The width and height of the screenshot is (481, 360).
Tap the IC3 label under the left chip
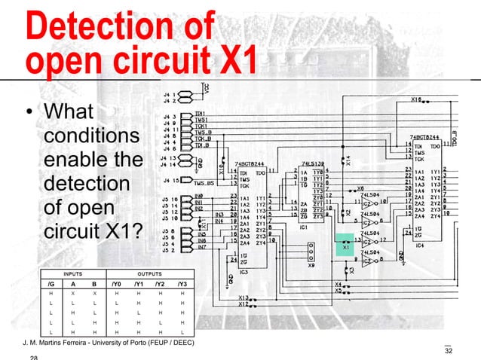243,271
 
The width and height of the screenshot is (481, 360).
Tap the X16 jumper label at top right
415,99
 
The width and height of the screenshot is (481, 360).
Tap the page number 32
450,351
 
